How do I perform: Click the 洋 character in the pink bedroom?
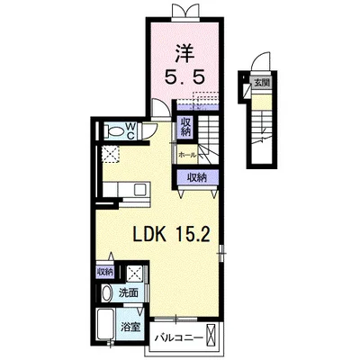click(x=184, y=53)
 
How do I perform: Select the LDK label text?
click(x=149, y=235)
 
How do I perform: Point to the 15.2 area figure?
click(x=192, y=235)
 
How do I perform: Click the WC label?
click(x=131, y=131)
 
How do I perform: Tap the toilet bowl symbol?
click(x=113, y=131)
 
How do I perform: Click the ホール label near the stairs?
click(x=187, y=155)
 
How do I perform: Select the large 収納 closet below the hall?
click(x=197, y=177)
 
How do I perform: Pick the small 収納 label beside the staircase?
click(x=185, y=127)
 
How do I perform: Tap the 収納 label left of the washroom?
click(x=105, y=272)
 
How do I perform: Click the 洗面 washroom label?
click(x=128, y=292)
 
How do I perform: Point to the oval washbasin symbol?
click(x=105, y=293)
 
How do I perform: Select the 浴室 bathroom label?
click(x=130, y=327)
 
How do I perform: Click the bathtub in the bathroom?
click(x=105, y=324)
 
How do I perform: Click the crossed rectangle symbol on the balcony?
click(x=211, y=335)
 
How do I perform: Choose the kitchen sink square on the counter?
click(x=140, y=189)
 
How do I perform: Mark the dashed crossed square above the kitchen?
click(x=111, y=154)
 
